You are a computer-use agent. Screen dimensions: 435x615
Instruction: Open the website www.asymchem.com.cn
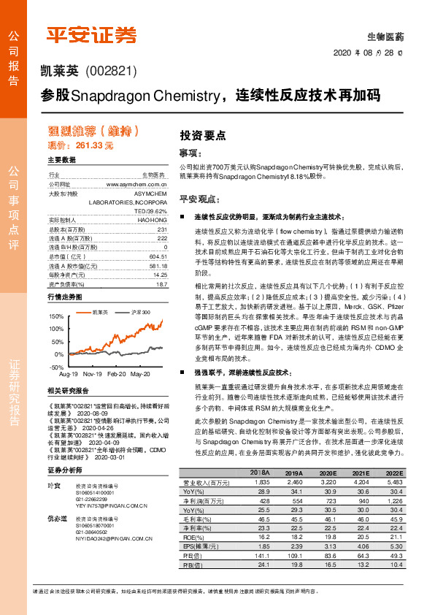click(x=136, y=185)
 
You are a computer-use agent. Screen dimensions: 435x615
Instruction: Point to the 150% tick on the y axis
click(x=56, y=316)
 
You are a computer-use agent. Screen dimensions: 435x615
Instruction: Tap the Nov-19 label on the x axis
click(x=92, y=373)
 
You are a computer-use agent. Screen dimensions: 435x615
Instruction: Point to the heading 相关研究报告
click(x=69, y=391)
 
